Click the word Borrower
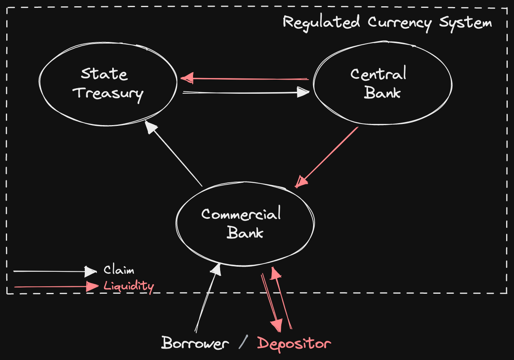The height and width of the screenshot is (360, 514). click(195, 344)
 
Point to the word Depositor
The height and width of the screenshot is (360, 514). click(294, 344)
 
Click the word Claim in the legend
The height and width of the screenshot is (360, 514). click(119, 270)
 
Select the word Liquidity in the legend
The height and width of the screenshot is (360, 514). click(129, 286)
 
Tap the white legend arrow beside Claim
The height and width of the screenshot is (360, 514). click(55, 271)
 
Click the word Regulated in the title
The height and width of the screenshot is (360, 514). click(321, 22)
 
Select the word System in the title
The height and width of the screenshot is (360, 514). click(465, 22)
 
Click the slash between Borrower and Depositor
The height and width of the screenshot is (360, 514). click(243, 343)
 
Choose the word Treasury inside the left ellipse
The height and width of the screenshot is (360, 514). click(108, 94)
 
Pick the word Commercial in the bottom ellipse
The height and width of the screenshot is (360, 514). click(241, 214)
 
